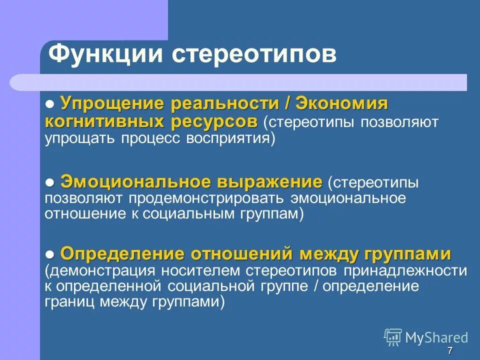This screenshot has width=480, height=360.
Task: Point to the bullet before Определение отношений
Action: click(x=50, y=253)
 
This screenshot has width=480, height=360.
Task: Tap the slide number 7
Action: click(x=450, y=350)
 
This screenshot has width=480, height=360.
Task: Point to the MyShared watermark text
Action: click(x=436, y=337)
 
